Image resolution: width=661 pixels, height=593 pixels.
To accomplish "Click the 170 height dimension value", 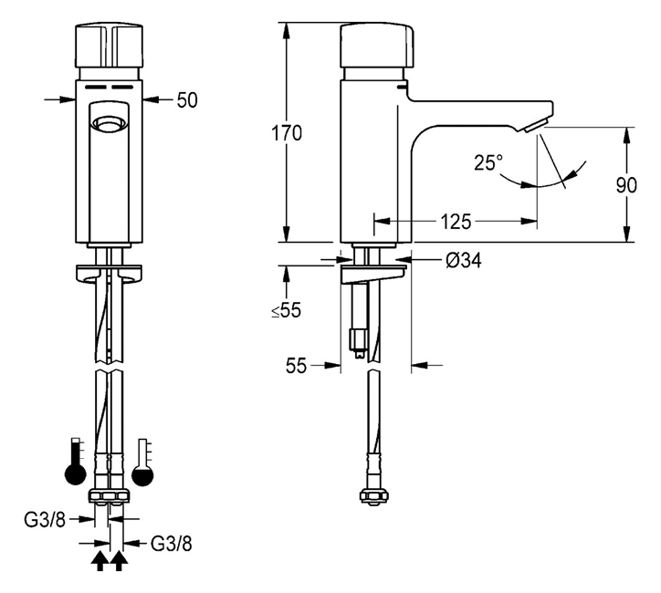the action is (x=287, y=133).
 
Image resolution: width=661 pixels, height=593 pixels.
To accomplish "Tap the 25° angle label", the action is (x=488, y=162).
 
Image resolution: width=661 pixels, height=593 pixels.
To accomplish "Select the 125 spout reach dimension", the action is (x=456, y=222).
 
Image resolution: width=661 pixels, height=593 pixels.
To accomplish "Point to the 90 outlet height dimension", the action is (x=626, y=185).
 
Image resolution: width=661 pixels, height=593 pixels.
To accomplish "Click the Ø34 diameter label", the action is (x=463, y=261).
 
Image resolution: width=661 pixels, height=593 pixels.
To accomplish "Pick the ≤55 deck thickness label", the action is (x=287, y=310).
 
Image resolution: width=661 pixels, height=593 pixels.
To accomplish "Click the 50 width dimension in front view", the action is (x=187, y=100).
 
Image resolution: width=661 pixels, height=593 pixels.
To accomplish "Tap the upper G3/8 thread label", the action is (x=45, y=521).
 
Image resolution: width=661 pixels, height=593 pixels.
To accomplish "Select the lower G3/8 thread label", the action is (x=171, y=544).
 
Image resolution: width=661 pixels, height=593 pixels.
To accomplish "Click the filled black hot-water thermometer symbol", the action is (x=75, y=462).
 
